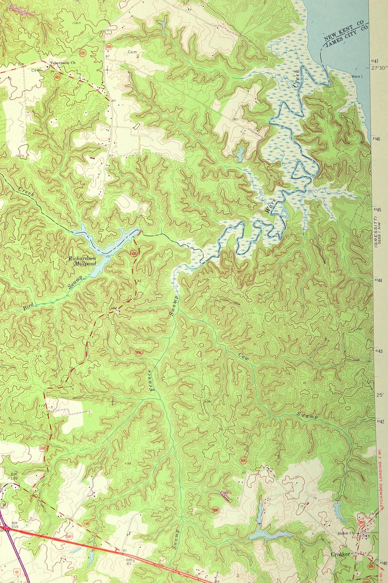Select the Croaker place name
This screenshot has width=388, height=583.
pyautogui.click(x=340, y=555)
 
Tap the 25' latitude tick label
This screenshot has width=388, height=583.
pyautogui.click(x=378, y=394)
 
